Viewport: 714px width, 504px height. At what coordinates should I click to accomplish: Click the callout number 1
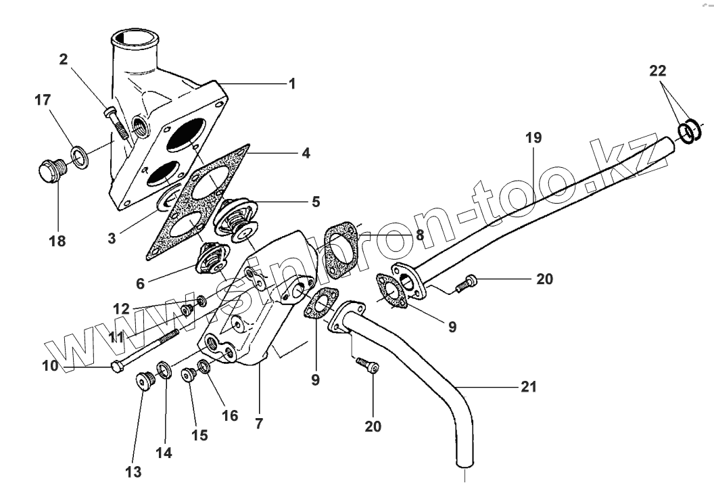(x=292, y=84)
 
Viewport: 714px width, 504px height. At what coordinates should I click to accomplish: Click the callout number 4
(x=306, y=154)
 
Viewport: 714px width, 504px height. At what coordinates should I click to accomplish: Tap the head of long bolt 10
(x=116, y=367)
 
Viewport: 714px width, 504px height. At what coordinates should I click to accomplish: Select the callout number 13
(x=133, y=472)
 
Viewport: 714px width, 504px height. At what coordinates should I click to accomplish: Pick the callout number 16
(x=230, y=415)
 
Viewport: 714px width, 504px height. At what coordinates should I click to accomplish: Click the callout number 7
(x=259, y=424)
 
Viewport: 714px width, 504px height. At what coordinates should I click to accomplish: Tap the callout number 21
(x=528, y=388)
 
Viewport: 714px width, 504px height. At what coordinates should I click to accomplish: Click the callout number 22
(x=658, y=70)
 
